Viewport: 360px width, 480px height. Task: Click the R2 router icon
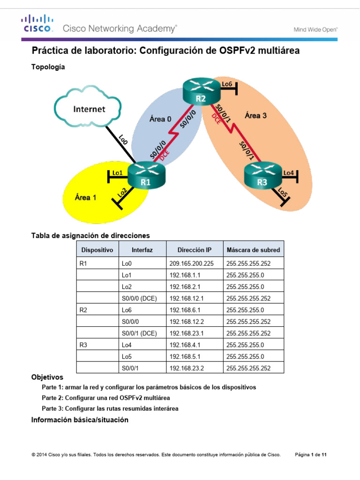(201, 92)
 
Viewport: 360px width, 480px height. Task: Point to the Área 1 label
(85, 197)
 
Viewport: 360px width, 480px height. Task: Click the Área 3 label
(255, 115)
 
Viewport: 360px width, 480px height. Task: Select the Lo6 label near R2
(227, 84)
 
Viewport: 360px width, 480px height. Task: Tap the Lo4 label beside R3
(289, 173)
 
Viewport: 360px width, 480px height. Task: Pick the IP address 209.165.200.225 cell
(191, 263)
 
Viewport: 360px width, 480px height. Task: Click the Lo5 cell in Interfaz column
(127, 356)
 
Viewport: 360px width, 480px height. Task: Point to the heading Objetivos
(47, 377)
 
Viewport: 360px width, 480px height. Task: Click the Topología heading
(48, 67)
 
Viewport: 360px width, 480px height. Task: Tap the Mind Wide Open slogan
(315, 30)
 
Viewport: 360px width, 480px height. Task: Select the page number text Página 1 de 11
(314, 455)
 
